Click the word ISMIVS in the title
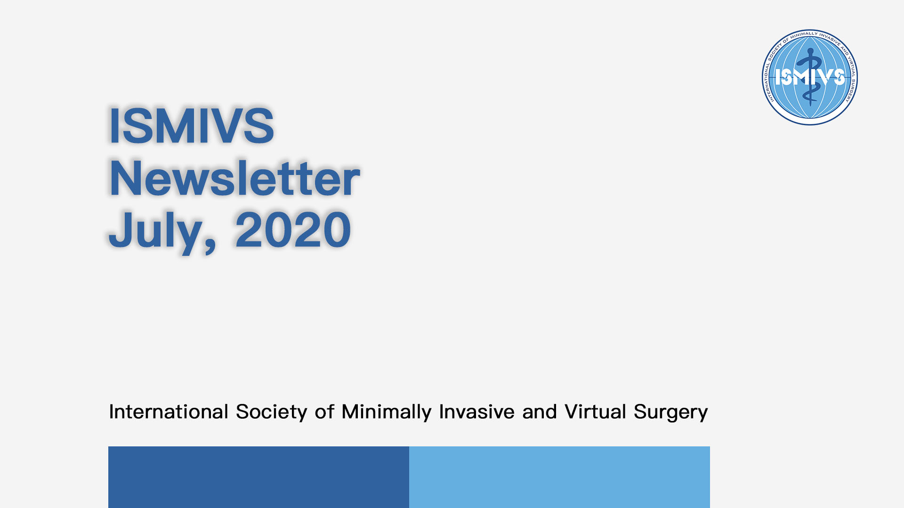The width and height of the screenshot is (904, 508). pos(191,126)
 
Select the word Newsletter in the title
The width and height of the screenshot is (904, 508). pos(234,177)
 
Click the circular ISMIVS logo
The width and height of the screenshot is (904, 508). pos(810,77)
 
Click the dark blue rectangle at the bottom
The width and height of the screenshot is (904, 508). pos(258,477)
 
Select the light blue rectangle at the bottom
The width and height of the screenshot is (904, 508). pos(559,477)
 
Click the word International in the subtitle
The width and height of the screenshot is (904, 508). pos(169,412)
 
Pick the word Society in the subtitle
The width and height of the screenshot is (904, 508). pos(272,413)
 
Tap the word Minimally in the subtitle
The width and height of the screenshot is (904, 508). pos(387,413)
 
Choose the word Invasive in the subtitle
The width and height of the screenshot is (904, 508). pos(476,412)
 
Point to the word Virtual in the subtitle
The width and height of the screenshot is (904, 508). pos(596,412)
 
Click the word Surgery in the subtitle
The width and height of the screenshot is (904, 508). pos(670,413)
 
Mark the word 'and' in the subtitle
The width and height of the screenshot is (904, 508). pos(540,412)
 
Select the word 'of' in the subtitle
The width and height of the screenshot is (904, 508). pos(325,412)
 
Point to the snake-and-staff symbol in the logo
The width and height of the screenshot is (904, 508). pos(810,77)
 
